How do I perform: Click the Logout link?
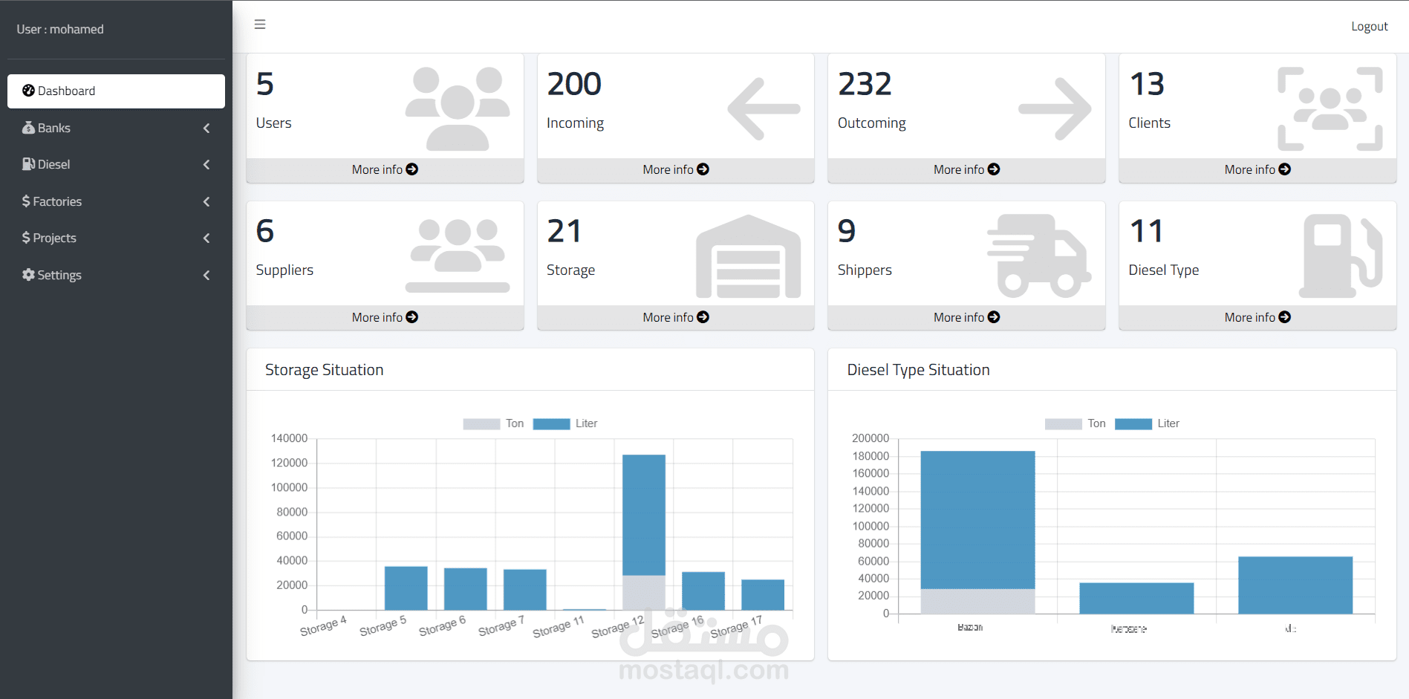point(1369,27)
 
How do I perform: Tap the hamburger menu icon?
point(260,25)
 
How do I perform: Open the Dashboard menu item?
point(116,91)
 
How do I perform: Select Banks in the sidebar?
point(54,128)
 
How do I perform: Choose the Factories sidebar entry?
point(57,201)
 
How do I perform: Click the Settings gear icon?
point(28,275)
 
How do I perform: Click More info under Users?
point(385,169)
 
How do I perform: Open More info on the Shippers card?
point(966,317)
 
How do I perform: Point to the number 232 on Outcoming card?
point(865,84)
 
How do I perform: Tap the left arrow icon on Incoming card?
point(764,109)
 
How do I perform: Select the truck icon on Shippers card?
point(1038,256)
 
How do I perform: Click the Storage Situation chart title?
point(325,370)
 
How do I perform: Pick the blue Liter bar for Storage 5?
point(406,588)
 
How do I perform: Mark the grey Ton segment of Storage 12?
point(643,592)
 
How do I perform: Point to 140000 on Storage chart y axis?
point(289,438)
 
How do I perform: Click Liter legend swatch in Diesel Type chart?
point(1133,424)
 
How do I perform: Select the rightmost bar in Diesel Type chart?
point(1295,585)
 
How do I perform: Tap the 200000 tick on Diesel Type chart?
point(870,438)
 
